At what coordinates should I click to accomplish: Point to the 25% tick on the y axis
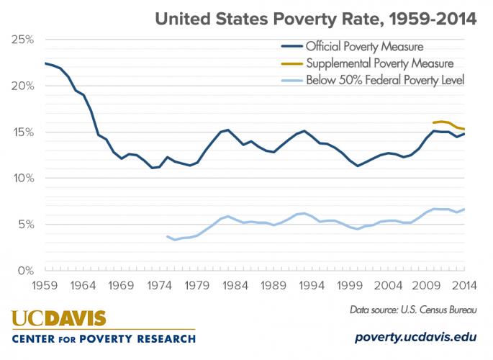pyautogui.click(x=23, y=40)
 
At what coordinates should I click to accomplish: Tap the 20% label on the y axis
pyautogui.click(x=23, y=86)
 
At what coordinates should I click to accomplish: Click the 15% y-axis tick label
pyautogui.click(x=23, y=132)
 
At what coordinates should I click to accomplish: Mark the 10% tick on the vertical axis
pyautogui.click(x=23, y=178)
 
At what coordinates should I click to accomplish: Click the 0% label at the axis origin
pyautogui.click(x=26, y=270)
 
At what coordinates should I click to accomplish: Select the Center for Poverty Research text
pyautogui.click(x=103, y=338)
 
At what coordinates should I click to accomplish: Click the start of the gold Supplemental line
pyautogui.click(x=433, y=123)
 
